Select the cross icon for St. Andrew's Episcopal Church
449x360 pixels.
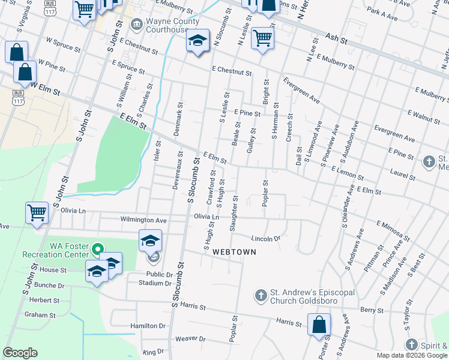coord(261,296)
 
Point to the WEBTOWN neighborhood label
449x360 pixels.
coord(234,253)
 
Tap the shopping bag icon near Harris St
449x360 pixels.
coord(319,325)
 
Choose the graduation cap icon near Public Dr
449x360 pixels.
coord(150,241)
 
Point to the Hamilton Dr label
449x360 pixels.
coord(148,326)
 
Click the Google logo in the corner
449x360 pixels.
coord(20,353)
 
